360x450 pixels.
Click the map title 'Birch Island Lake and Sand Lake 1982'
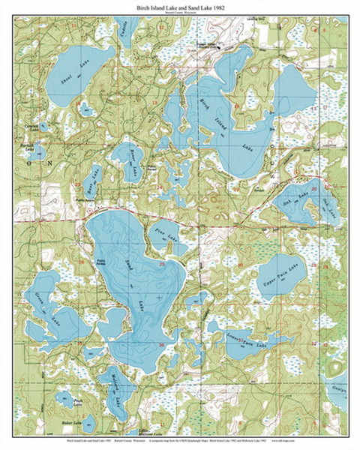180,6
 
